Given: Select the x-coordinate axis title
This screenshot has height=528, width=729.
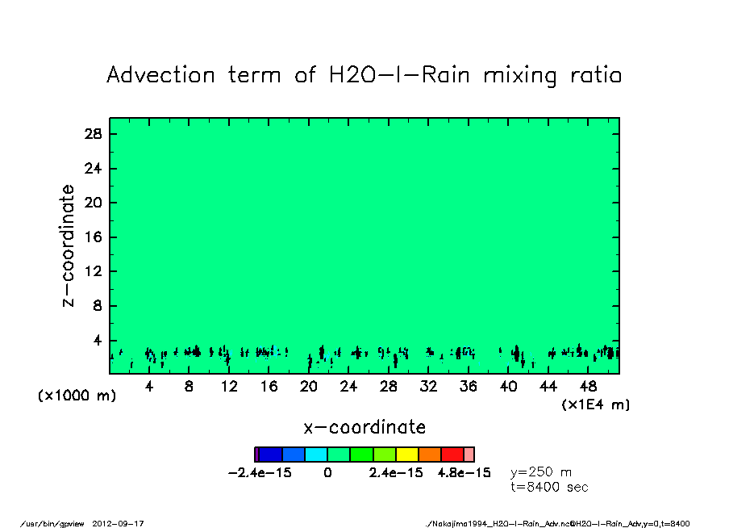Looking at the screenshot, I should tap(364, 427).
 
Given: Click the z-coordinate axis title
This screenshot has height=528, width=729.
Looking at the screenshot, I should tap(69, 245).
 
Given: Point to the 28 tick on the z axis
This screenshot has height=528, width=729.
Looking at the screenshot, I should tap(93, 134).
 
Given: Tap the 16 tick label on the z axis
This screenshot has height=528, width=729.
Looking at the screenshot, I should tap(93, 237).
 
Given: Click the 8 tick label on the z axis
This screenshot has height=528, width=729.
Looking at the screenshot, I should tap(97, 306).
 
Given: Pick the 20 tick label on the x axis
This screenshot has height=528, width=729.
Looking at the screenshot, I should tap(309, 387).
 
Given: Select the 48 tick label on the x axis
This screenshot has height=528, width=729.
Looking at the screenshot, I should tap(589, 387).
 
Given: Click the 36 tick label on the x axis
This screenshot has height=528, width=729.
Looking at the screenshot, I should tap(469, 387).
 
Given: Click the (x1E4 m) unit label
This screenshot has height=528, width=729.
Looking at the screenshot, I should tap(596, 404).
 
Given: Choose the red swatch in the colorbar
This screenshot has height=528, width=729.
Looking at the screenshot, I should tap(452, 455).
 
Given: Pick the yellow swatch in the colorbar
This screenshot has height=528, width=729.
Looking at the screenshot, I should tap(407, 455).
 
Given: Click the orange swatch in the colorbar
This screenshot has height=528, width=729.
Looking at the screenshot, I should tap(429, 455).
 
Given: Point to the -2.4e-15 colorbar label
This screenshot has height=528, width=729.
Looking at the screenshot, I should tap(260, 473).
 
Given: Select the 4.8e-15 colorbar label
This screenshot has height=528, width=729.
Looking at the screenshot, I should tap(464, 473).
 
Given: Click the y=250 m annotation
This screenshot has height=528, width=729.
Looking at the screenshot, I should tap(541, 472).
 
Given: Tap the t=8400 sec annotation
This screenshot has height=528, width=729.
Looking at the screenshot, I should tap(549, 487).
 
